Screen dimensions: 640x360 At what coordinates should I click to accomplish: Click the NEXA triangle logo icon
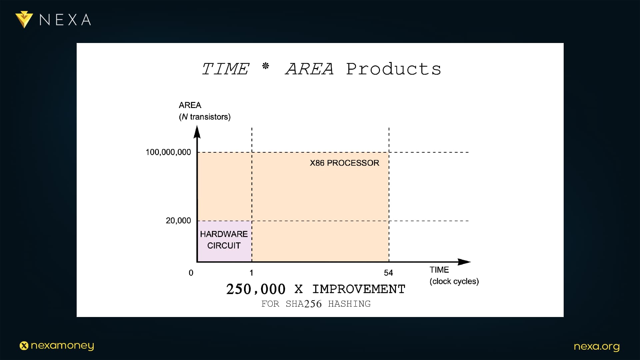click(x=24, y=20)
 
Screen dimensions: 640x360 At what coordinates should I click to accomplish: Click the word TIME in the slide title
click(x=226, y=69)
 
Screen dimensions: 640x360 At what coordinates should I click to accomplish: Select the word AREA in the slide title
click(x=310, y=69)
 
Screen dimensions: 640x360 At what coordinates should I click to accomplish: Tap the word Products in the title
click(x=394, y=69)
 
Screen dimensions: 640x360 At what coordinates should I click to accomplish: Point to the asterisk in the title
click(x=266, y=66)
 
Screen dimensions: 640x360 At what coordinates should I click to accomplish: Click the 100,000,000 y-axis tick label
click(x=168, y=152)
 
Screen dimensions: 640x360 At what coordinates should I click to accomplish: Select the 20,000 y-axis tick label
click(x=178, y=221)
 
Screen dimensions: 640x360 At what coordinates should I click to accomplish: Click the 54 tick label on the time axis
click(x=388, y=273)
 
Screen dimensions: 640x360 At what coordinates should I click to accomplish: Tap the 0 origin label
click(x=191, y=273)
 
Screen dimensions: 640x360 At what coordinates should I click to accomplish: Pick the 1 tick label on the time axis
click(x=251, y=273)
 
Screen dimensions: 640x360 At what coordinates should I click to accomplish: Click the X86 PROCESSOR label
click(x=344, y=163)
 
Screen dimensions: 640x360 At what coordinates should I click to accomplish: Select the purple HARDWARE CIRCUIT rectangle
click(x=225, y=241)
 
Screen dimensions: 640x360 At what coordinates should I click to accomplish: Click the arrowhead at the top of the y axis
click(x=197, y=132)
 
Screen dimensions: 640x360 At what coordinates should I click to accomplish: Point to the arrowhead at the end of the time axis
click(x=464, y=262)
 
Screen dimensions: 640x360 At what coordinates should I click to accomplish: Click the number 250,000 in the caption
click(x=256, y=289)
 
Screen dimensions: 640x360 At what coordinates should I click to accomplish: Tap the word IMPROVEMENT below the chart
click(x=359, y=289)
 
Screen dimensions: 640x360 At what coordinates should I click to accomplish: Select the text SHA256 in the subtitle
click(x=304, y=304)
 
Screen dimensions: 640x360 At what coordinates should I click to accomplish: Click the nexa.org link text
click(x=597, y=347)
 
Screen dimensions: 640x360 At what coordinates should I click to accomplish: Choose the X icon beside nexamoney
click(x=24, y=346)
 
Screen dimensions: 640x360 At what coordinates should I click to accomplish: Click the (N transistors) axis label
click(x=205, y=117)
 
